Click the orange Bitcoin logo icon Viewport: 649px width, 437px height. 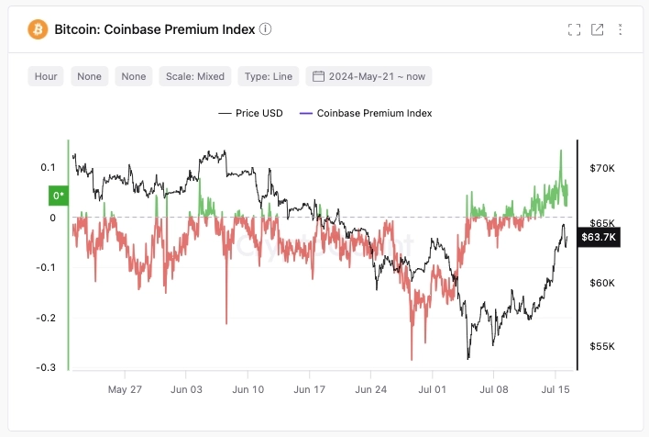38,28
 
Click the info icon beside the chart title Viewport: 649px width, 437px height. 266,28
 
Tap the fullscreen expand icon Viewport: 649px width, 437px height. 575,29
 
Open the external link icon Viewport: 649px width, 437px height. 598,29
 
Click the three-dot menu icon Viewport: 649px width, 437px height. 621,29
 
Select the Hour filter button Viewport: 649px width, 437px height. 46,76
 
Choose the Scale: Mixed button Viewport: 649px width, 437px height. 195,76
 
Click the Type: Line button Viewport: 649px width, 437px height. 268,76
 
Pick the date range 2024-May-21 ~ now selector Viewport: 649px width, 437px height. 368,76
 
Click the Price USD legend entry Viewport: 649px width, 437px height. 251,113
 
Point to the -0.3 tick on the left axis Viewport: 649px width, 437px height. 44,367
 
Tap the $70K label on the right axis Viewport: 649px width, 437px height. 602,169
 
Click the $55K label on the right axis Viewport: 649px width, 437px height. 602,346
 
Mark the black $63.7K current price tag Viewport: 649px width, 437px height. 600,238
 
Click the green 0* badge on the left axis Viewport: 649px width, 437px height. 58,195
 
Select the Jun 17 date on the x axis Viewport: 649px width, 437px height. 309,389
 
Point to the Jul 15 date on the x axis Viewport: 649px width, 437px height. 555,389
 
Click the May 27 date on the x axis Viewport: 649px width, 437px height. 125,389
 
